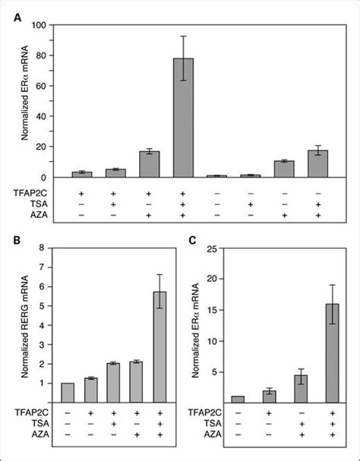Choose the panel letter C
tap(194, 242)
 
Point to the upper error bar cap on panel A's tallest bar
tap(183, 36)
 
